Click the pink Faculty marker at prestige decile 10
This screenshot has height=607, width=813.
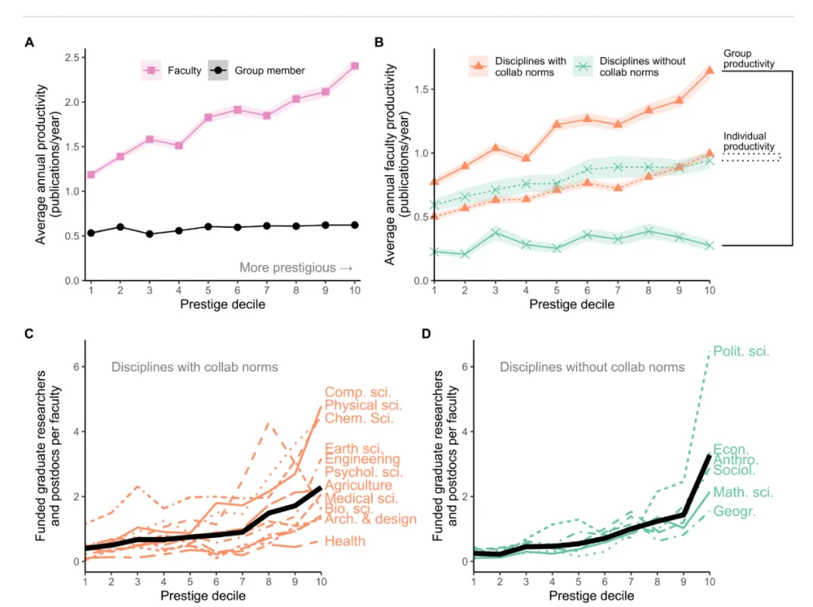(x=355, y=66)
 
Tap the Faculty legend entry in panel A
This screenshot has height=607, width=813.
(x=172, y=71)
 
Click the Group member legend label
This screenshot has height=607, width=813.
(x=269, y=71)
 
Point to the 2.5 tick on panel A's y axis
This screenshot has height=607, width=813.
(x=74, y=58)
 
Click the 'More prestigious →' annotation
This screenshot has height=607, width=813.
(x=296, y=268)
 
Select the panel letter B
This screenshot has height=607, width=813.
(x=379, y=43)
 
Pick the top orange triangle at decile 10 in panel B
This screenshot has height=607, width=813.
(x=709, y=70)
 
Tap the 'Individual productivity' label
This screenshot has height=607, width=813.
(x=749, y=141)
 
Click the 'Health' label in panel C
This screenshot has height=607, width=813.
(x=345, y=541)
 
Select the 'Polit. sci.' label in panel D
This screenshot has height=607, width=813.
(x=741, y=351)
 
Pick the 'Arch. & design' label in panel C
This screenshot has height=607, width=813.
(x=370, y=519)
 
